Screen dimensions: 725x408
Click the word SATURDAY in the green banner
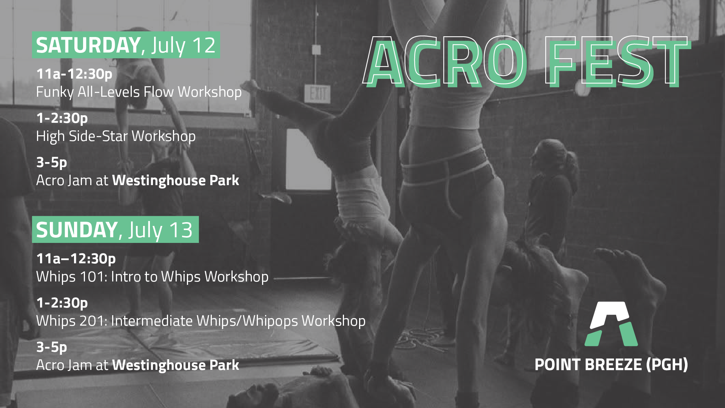tap(88, 45)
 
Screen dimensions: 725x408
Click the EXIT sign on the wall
tap(318, 94)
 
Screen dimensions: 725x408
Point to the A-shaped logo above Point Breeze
tap(611, 324)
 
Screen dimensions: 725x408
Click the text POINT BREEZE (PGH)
tap(611, 365)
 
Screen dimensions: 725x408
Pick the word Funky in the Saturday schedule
tap(55, 92)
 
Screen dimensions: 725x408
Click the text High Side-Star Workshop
tap(116, 136)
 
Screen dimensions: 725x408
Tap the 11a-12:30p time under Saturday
tap(74, 74)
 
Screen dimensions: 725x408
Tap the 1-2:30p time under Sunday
tap(62, 303)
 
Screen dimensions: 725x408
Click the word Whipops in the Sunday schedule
tap(270, 321)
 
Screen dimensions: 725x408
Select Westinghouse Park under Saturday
tap(176, 181)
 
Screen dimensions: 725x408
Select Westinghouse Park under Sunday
tap(176, 365)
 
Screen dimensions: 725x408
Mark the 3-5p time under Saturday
tap(52, 162)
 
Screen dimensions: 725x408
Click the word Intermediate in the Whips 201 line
tap(152, 321)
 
